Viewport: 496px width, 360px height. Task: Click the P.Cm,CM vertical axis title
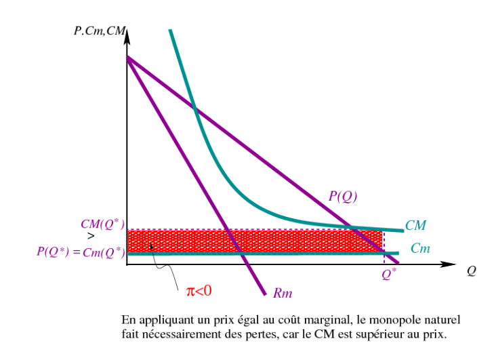click(99, 31)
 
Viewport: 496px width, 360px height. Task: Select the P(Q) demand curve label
click(343, 197)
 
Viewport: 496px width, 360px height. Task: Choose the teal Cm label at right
click(420, 249)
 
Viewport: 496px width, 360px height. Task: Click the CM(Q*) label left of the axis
click(101, 224)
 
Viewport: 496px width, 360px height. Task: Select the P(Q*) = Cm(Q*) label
click(81, 252)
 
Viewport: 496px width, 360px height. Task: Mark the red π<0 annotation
click(199, 290)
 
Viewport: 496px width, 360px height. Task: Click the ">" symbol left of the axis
click(91, 237)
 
